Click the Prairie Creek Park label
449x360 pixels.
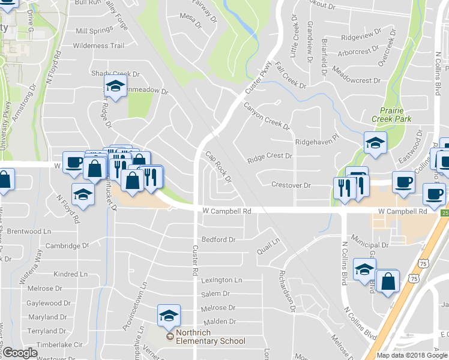pyautogui.click(x=396, y=115)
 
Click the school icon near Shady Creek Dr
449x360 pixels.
pyautogui.click(x=116, y=86)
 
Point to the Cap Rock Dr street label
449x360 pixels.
pyautogui.click(x=218, y=167)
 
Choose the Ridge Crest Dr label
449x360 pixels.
pyautogui.click(x=270, y=156)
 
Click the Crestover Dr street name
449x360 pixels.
pyautogui.click(x=291, y=185)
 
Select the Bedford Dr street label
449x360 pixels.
pyautogui.click(x=218, y=239)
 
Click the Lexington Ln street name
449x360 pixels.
pyautogui.click(x=221, y=280)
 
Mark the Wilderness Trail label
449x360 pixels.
pyautogui.click(x=99, y=45)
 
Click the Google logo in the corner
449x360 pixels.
pyautogui.click(x=20, y=353)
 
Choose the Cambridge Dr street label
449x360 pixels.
pyautogui.click(x=67, y=245)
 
